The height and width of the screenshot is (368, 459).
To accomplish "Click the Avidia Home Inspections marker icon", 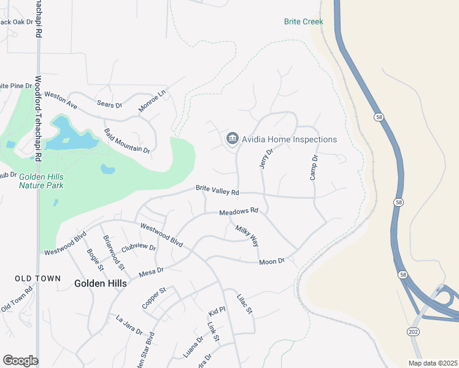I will click(232, 139).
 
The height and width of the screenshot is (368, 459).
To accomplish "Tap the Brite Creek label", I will click(303, 21).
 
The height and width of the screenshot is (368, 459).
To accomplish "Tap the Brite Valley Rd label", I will click(217, 191).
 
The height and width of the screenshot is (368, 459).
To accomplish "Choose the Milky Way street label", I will click(247, 235).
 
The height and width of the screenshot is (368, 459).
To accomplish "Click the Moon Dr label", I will click(272, 261).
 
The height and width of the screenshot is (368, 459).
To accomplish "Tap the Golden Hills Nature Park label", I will click(40, 180).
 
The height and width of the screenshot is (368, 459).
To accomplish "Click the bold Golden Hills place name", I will click(100, 283).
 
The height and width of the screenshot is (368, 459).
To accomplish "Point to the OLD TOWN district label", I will click(38, 278).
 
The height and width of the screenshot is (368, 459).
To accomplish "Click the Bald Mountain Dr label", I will click(127, 141).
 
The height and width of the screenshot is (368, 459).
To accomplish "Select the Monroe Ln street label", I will click(152, 100).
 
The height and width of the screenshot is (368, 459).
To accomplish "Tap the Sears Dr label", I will click(110, 105).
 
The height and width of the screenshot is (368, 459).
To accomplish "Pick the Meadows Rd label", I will click(239, 212).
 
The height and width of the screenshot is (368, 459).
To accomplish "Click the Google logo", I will click(20, 361).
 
